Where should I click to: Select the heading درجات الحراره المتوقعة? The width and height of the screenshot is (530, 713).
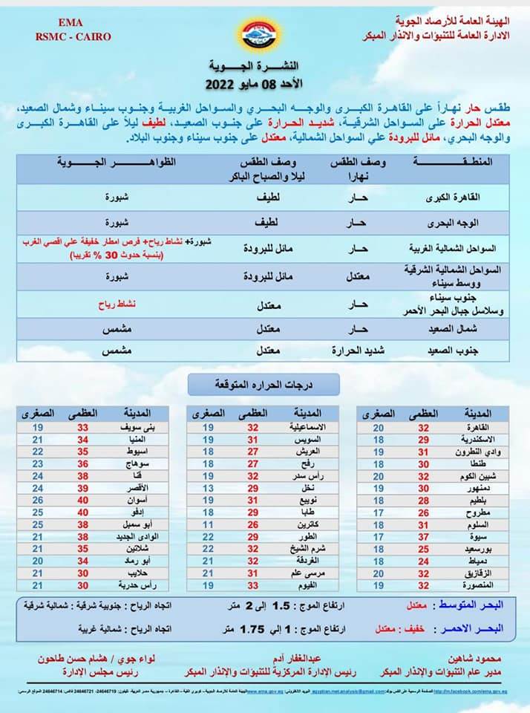coord(265,385)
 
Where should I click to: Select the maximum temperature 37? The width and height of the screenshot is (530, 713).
coord(423,535)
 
